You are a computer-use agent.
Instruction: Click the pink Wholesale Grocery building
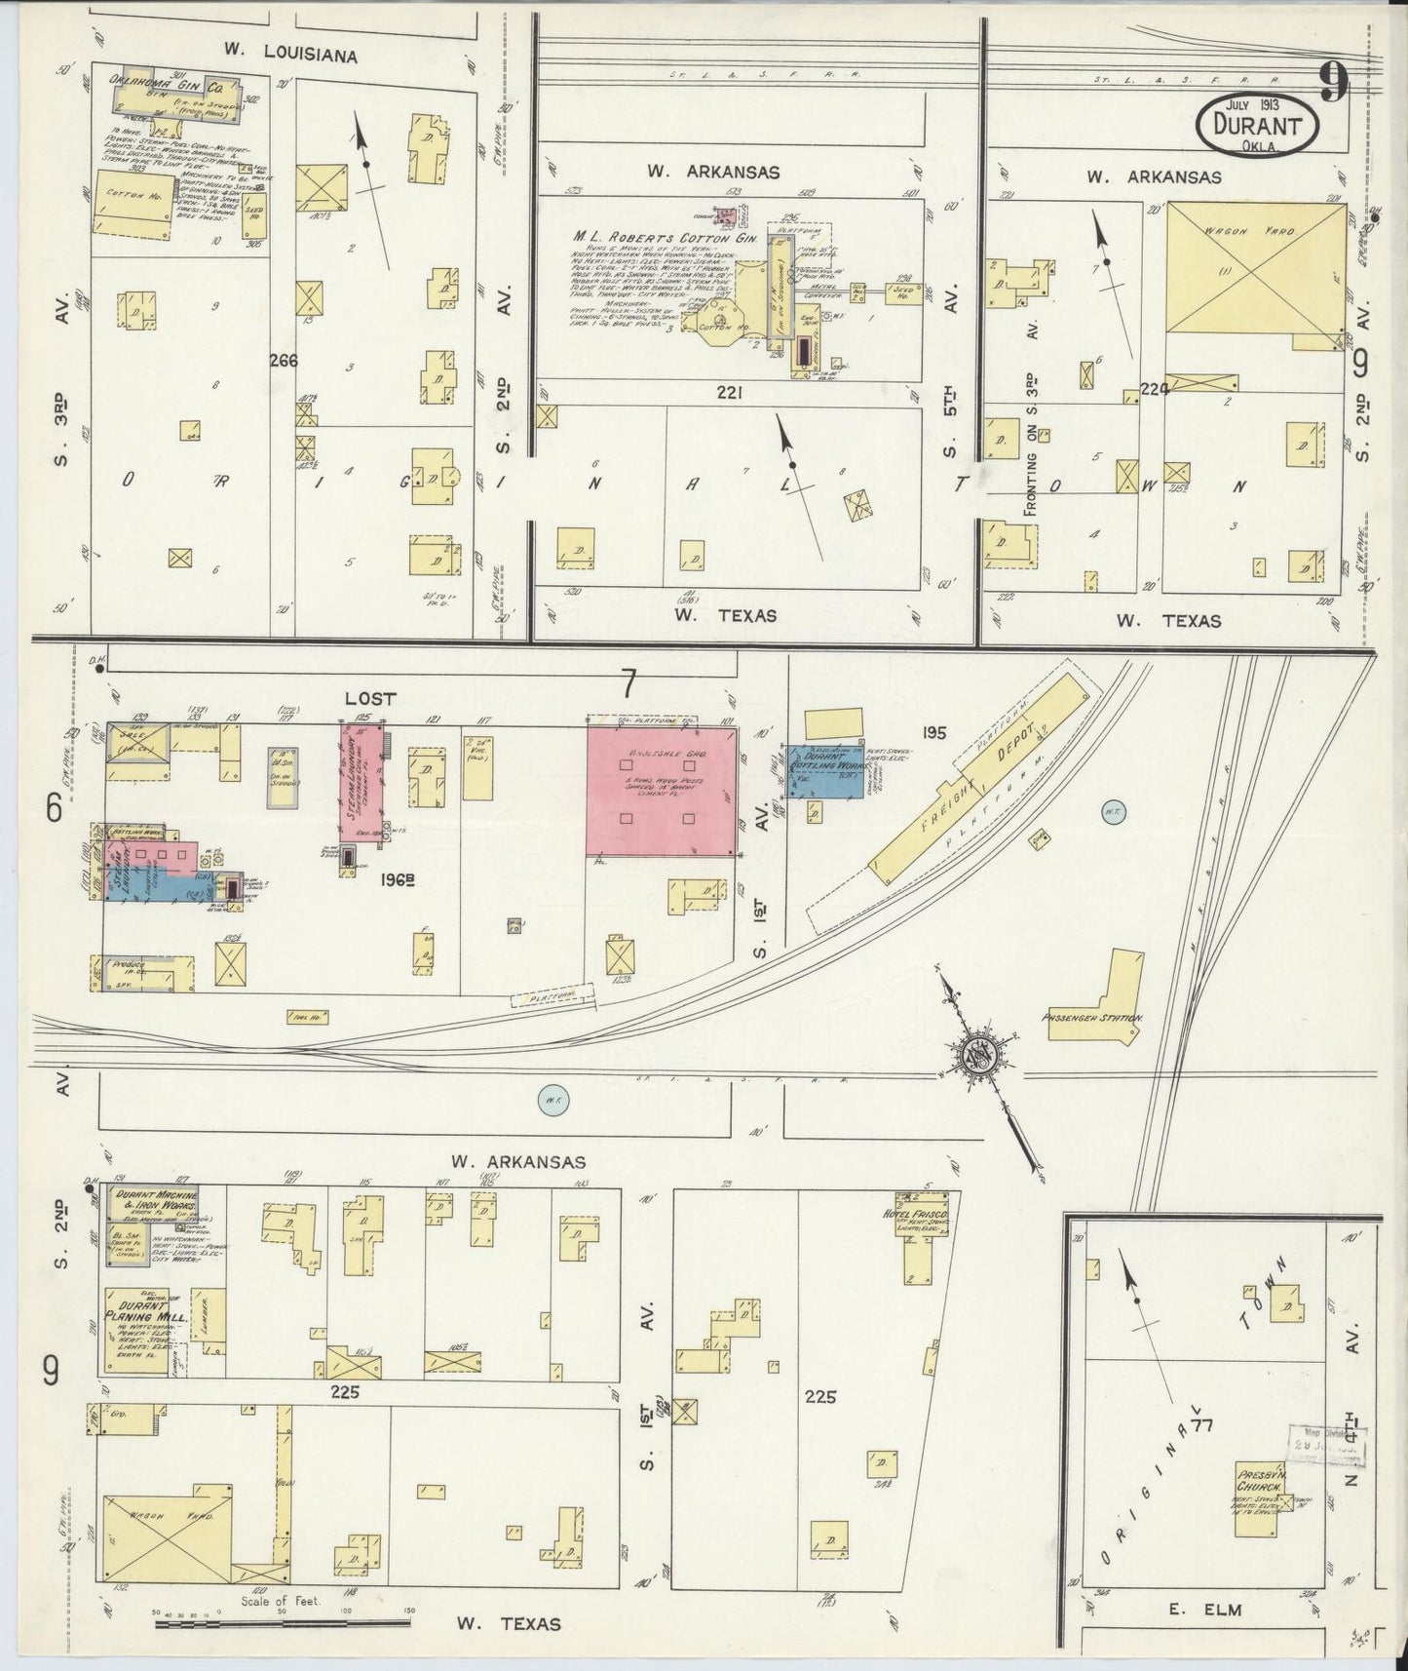(x=662, y=790)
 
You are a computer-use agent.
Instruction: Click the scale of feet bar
(x=283, y=1622)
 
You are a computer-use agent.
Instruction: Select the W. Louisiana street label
(x=288, y=56)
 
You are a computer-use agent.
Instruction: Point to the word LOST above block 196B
(x=370, y=698)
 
